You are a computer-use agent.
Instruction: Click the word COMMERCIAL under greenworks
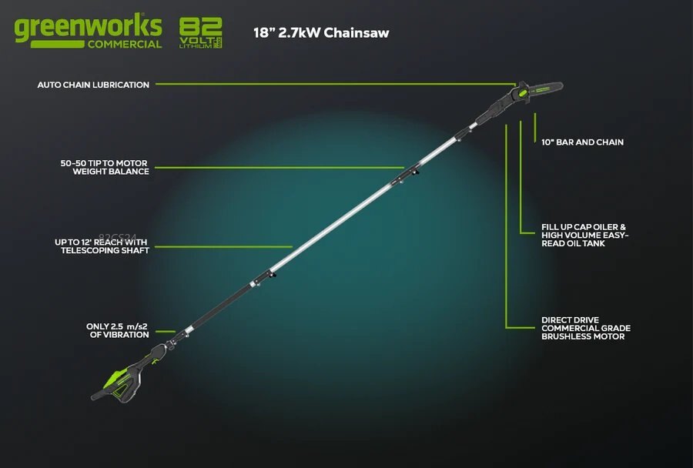click(124, 44)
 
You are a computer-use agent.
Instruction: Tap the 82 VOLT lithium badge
click(200, 33)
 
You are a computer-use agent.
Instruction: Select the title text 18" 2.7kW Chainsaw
click(321, 33)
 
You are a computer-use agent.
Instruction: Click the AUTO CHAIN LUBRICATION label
click(93, 85)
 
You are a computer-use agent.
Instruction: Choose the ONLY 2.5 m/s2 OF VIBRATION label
click(117, 330)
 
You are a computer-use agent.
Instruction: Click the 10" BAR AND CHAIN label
click(582, 142)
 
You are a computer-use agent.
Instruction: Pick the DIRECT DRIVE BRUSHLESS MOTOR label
click(586, 328)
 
